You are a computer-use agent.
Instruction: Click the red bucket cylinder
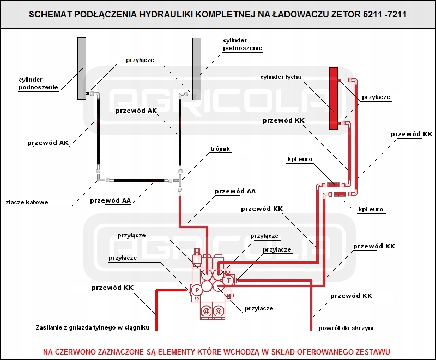(334, 98)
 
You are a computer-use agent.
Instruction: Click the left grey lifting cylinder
(82, 68)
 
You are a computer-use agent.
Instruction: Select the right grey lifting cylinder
(197, 69)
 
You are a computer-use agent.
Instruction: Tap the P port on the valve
(197, 290)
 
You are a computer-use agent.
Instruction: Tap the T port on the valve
(229, 280)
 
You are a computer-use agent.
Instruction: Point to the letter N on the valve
(228, 296)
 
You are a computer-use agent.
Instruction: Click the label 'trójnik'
(220, 149)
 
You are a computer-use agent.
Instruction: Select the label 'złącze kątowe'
(27, 202)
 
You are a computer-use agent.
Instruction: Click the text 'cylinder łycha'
(281, 77)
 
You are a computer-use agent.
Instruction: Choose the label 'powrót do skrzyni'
(346, 328)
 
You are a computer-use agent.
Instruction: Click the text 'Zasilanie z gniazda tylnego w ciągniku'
(93, 327)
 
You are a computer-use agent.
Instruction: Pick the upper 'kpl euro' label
(300, 159)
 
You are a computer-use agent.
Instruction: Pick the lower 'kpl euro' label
(371, 210)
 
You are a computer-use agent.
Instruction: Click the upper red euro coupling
(333, 185)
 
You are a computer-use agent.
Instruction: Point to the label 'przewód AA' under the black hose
(111, 200)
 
